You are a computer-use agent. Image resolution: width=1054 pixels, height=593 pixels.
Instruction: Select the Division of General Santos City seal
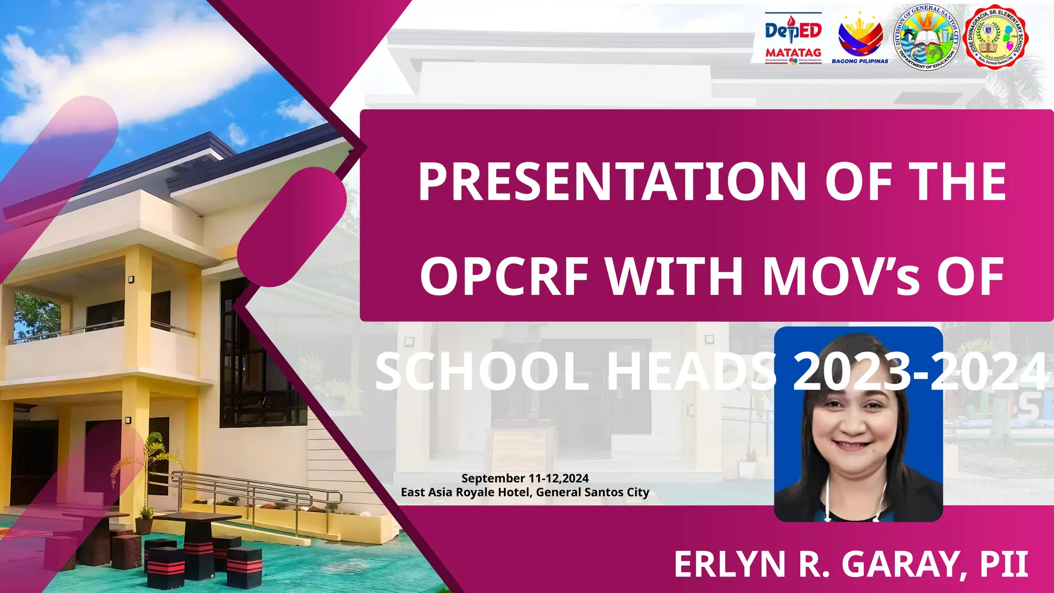927,37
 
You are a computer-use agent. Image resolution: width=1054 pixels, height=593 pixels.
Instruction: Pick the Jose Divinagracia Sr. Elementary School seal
995,37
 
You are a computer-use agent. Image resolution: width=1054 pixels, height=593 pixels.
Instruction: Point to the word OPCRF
504,276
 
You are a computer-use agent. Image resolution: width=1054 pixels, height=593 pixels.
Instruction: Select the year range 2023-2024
920,372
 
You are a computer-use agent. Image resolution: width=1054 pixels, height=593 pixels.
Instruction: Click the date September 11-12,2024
525,479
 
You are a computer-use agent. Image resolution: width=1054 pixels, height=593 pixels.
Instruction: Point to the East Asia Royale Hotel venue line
525,493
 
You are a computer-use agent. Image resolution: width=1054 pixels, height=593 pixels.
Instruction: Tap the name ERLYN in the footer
729,565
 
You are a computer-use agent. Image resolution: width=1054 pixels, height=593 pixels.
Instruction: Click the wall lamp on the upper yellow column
131,280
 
